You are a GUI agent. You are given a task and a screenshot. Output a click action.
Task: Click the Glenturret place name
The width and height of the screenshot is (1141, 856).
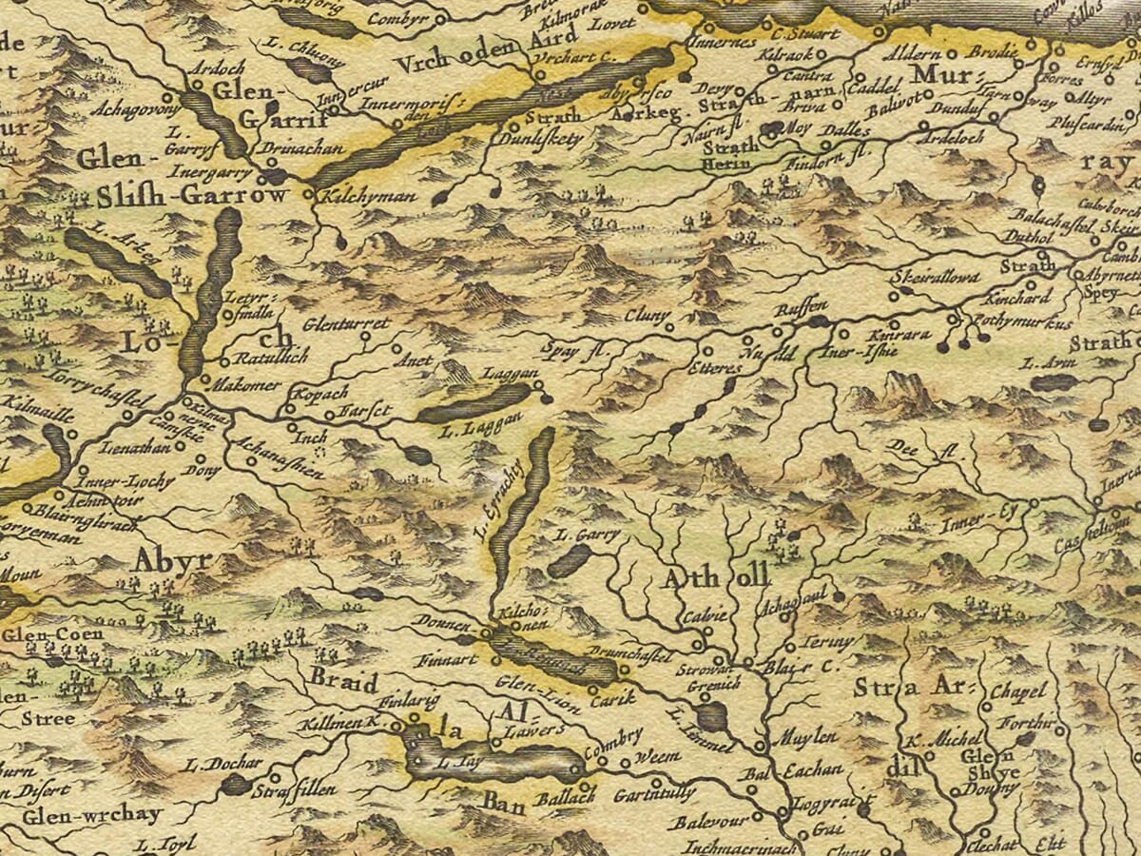point(346,324)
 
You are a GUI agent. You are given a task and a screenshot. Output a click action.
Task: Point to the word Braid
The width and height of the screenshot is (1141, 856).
point(343,683)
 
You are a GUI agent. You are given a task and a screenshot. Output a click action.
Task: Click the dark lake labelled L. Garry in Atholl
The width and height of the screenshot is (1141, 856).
point(570,561)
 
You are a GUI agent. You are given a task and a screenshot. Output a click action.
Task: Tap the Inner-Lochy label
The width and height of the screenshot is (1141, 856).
point(126,481)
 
